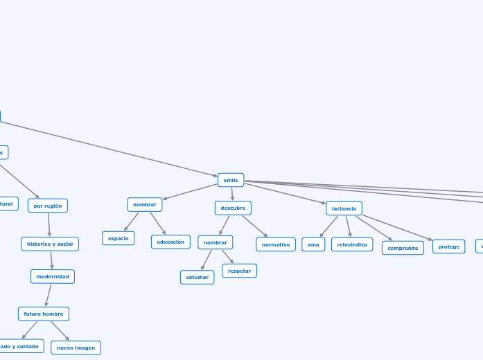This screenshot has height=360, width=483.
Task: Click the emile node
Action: pos(231,180)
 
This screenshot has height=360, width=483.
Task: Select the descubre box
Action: pos(233,208)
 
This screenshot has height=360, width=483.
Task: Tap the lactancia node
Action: pos(344,208)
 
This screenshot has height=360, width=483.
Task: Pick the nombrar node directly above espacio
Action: pos(145,204)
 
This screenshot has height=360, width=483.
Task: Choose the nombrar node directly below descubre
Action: pos(215,242)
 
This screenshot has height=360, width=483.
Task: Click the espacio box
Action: pos(118,238)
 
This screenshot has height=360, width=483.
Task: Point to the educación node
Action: pos(170,242)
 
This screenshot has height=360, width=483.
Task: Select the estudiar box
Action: pos(197,277)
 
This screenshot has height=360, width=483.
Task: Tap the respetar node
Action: pos(239,271)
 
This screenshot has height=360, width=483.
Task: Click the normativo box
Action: pos(276,244)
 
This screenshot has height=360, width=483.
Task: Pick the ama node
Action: pos(313,244)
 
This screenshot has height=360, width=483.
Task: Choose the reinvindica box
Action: pos(352,244)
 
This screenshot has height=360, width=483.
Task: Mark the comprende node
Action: pos(403,248)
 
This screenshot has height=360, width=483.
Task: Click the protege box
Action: pos(448,246)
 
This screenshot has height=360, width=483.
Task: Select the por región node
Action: pos(48,206)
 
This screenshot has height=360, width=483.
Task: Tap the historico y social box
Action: pos(50,244)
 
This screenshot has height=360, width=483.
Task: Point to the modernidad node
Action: pos(53,276)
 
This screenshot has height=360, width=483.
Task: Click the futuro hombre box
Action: pos(44,314)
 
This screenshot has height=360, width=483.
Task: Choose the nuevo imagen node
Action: pos(76,348)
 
